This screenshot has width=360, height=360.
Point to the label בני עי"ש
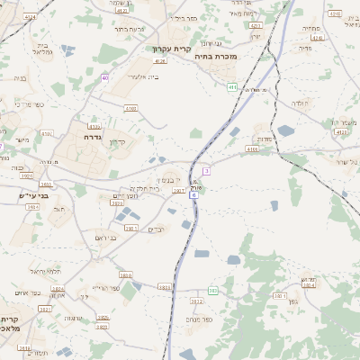37,194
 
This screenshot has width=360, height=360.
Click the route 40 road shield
105,78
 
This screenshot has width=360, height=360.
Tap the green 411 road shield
232,87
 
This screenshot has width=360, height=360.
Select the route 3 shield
206,170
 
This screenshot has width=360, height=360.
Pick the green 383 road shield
213,291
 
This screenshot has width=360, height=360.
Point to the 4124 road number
31,17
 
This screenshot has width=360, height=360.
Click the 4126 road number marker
161,61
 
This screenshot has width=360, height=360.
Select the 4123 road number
340,132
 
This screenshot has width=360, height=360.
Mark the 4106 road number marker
251,148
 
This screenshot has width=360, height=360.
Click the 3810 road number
124,275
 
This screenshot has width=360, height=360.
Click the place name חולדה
300,103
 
